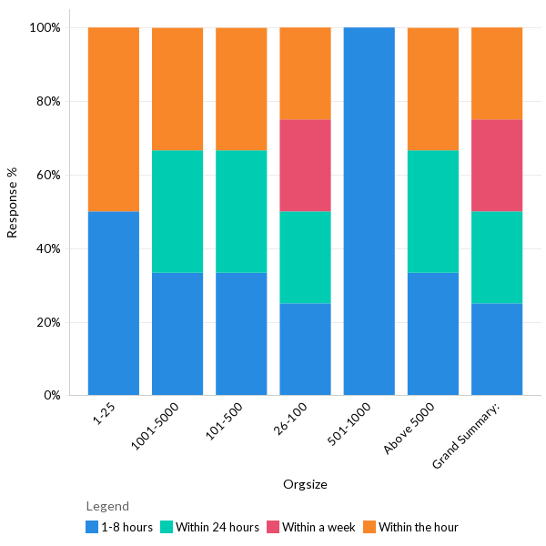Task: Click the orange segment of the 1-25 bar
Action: (x=114, y=119)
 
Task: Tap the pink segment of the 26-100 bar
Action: (x=305, y=166)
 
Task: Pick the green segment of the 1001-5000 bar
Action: (x=177, y=211)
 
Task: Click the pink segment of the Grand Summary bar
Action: (x=497, y=166)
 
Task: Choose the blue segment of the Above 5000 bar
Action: (x=433, y=334)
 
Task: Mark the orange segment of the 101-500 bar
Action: (x=241, y=89)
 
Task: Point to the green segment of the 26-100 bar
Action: (x=305, y=258)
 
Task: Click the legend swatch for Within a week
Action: (x=272, y=527)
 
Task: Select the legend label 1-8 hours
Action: (x=126, y=527)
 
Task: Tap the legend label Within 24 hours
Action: (x=217, y=527)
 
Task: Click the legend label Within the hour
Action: (x=418, y=527)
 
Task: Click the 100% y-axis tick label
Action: (x=45, y=27)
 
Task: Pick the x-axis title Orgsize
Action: (x=305, y=484)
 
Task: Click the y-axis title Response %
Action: (x=13, y=202)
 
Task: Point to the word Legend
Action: (x=107, y=506)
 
